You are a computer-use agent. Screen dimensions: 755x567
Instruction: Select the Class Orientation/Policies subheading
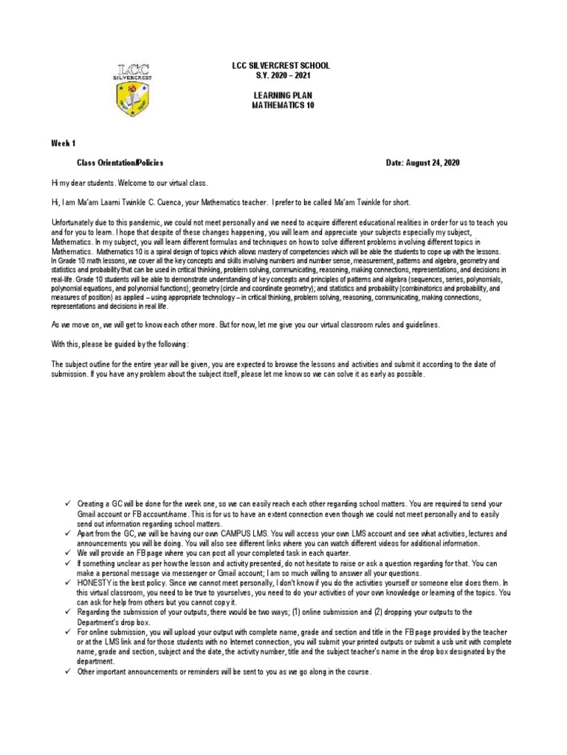pyautogui.click(x=120, y=162)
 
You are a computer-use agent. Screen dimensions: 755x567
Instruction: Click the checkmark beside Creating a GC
pyautogui.click(x=66, y=502)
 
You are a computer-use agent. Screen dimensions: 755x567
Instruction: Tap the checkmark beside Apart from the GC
pyautogui.click(x=66, y=532)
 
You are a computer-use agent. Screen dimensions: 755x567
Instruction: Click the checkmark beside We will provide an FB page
pyautogui.click(x=66, y=552)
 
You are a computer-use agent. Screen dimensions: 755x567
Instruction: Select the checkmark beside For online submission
pyautogui.click(x=66, y=633)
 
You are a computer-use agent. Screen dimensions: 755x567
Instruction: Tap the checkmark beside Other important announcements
pyautogui.click(x=66, y=672)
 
